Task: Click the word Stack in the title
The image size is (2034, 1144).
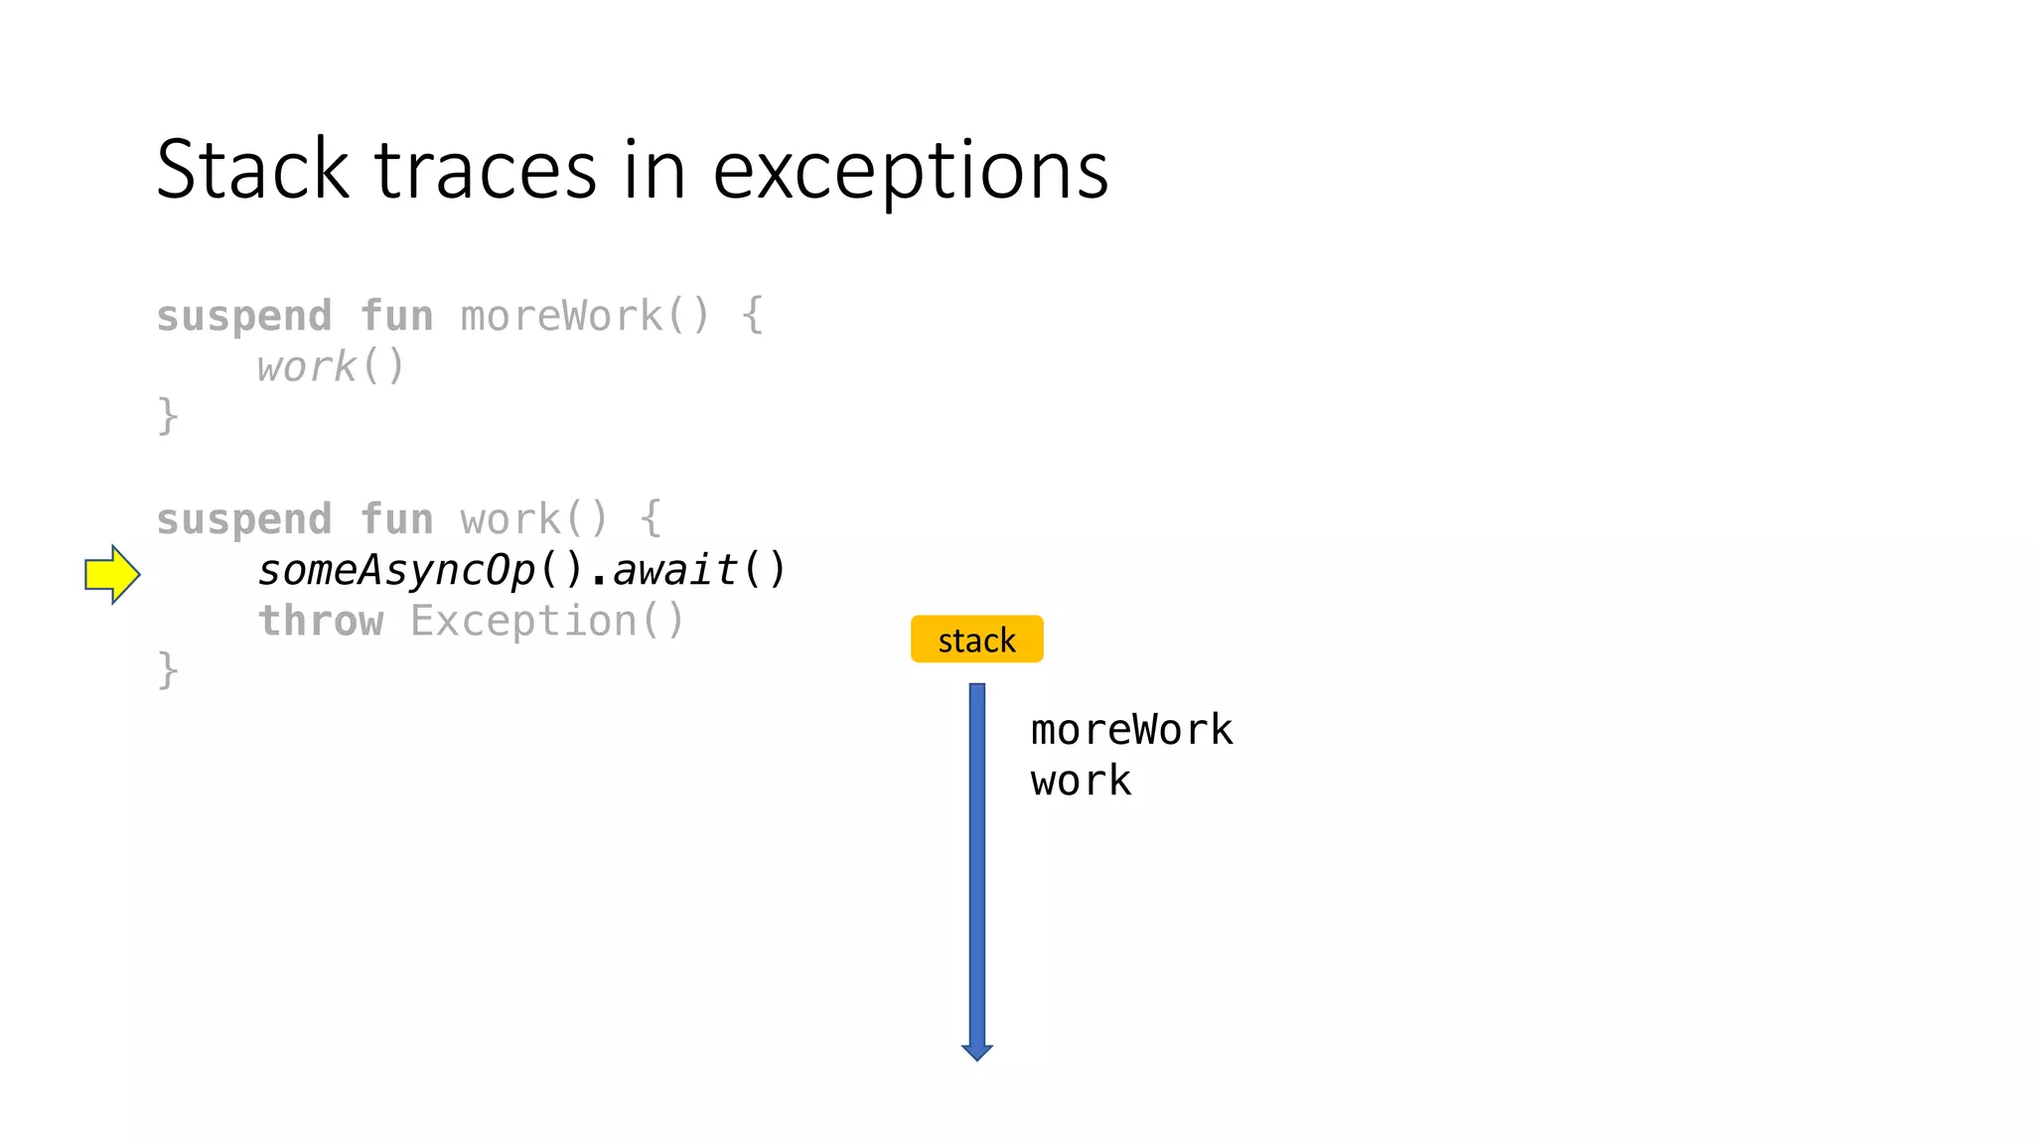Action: pyautogui.click(x=253, y=170)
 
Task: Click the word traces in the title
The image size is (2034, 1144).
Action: pyautogui.click(x=486, y=170)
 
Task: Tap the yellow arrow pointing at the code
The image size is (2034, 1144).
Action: pyautogui.click(x=111, y=574)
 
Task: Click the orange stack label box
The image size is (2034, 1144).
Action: pyautogui.click(x=976, y=640)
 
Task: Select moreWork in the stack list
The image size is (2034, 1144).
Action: pyautogui.click(x=1131, y=730)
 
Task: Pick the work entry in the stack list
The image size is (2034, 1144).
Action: pyautogui.click(x=1081, y=781)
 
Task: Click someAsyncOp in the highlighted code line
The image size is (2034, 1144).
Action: pyautogui.click(x=396, y=571)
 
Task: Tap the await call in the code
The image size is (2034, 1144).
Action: pyautogui.click(x=675, y=571)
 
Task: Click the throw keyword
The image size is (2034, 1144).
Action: pyautogui.click(x=320, y=622)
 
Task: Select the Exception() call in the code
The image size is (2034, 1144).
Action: pyautogui.click(x=547, y=622)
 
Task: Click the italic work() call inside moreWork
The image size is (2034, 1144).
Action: pyautogui.click(x=331, y=367)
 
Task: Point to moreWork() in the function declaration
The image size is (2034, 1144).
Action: pyautogui.click(x=585, y=317)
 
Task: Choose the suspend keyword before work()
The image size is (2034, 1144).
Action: pyautogui.click(x=243, y=520)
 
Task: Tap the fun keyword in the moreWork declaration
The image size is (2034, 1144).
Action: pyautogui.click(x=396, y=317)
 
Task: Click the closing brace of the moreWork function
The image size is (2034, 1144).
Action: pyautogui.click(x=168, y=416)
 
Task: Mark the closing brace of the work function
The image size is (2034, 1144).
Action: pyautogui.click(x=168, y=670)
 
